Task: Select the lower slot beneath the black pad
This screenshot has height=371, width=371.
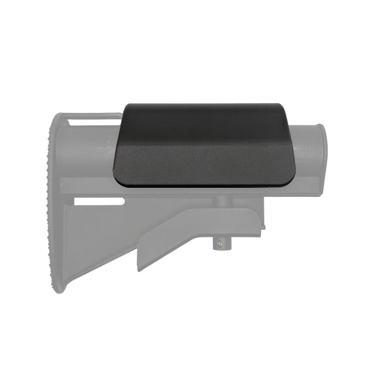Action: (97, 202)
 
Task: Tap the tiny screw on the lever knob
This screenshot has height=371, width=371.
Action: (221, 244)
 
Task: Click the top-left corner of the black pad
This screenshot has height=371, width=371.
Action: (125, 106)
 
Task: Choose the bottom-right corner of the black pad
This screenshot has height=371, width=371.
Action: (292, 182)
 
